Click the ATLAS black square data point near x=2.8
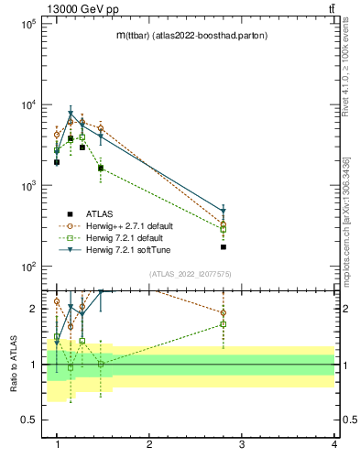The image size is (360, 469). [x=224, y=246]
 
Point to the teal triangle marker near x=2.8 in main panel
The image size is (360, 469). [x=224, y=211]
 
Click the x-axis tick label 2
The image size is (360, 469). [x=149, y=445]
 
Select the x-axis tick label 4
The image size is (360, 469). [x=334, y=445]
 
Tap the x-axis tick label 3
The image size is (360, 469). [x=242, y=445]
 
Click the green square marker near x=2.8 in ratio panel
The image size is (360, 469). [x=224, y=324]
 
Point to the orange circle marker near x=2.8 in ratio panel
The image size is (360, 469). [x=224, y=312]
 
